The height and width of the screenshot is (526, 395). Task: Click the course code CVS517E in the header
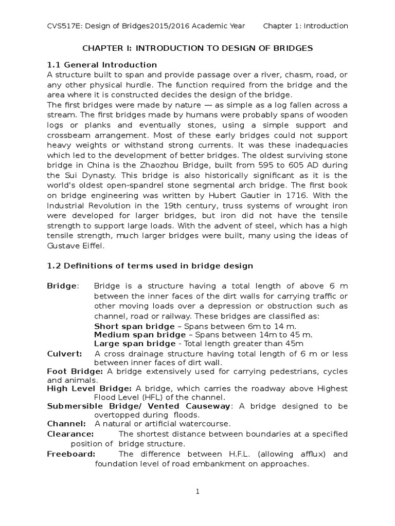click(63, 26)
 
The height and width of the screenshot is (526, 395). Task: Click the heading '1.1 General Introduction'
click(102, 65)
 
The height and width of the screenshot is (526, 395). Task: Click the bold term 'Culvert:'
click(64, 354)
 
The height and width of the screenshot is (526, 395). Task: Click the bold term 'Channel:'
click(66, 423)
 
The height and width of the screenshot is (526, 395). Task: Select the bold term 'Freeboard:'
click(71, 454)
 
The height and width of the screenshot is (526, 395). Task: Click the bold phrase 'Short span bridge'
click(135, 326)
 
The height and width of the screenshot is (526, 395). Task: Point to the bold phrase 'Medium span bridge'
click(138, 335)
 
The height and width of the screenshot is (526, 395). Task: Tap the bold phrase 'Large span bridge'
click(135, 344)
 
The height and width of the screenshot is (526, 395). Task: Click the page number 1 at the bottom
click(197, 492)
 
